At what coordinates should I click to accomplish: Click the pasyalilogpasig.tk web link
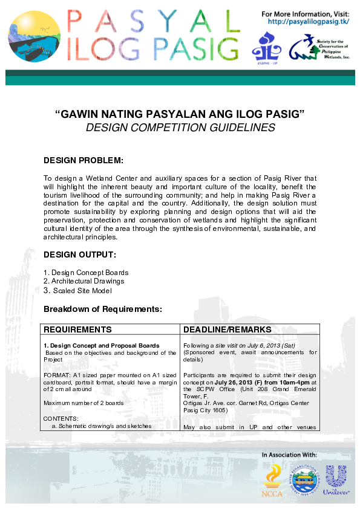point(309,22)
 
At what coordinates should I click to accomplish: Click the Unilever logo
point(336,478)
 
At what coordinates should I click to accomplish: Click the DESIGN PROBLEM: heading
point(83,161)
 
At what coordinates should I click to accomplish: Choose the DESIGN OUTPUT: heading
point(80,254)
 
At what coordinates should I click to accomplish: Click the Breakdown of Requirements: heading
point(103,310)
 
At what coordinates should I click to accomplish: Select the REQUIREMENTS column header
point(77,330)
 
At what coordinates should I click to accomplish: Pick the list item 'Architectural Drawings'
point(88,281)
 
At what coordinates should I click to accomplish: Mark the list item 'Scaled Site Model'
point(82,291)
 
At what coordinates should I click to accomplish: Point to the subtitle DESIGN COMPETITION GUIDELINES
point(180,128)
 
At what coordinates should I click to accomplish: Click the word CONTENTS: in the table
point(61,418)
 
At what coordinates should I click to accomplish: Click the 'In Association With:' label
point(289,454)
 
